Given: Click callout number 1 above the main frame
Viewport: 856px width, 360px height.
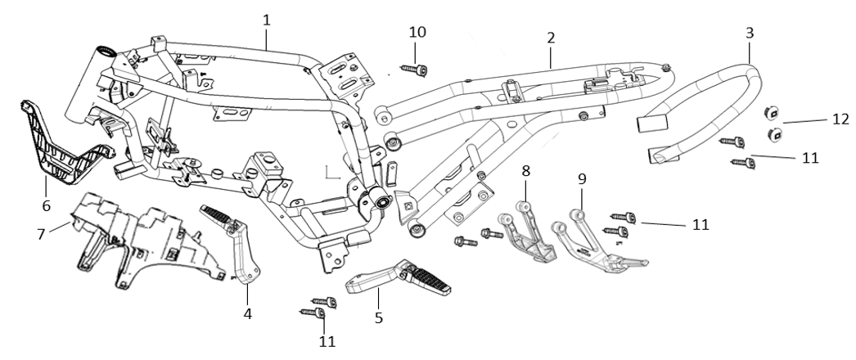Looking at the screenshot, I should [x=267, y=18].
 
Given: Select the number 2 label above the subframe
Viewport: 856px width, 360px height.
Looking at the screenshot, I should [x=551, y=38].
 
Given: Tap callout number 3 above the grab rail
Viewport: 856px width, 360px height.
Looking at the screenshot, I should [x=750, y=33].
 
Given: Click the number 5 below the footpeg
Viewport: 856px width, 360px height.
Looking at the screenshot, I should [x=378, y=317].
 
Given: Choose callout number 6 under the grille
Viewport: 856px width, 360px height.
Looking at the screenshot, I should [x=47, y=205].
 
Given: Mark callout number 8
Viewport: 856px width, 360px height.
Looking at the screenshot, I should [x=526, y=171].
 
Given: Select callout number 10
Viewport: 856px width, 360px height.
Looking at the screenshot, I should [x=417, y=32].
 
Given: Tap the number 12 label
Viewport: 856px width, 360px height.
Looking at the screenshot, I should [x=840, y=119].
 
